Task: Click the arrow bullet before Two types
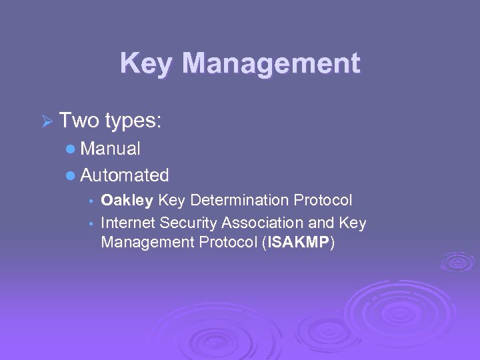pyautogui.click(x=46, y=123)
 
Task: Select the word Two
pyautogui.click(x=79, y=121)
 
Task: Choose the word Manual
pyautogui.click(x=110, y=149)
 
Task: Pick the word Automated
pyautogui.click(x=125, y=175)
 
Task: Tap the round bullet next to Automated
pyautogui.click(x=71, y=176)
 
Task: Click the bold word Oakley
pyautogui.click(x=127, y=201)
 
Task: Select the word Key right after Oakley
pyautogui.click(x=173, y=201)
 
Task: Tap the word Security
pyautogui.click(x=189, y=223)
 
